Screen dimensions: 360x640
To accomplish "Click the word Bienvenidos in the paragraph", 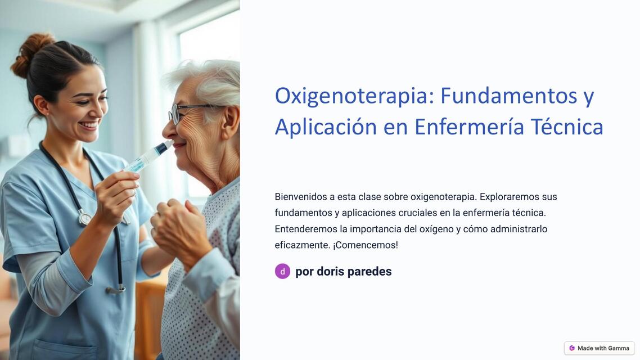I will (300, 197).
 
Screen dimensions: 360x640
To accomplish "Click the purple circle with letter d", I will (282, 271).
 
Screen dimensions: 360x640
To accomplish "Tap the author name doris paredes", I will (354, 272).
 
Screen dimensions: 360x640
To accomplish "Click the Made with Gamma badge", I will (599, 348).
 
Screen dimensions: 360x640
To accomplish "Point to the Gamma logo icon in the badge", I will (572, 348).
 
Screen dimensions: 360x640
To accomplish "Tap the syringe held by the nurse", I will (147, 157).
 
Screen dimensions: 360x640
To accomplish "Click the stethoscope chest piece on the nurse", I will (84, 217).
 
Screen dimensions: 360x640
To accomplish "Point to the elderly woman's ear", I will (229, 121).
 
